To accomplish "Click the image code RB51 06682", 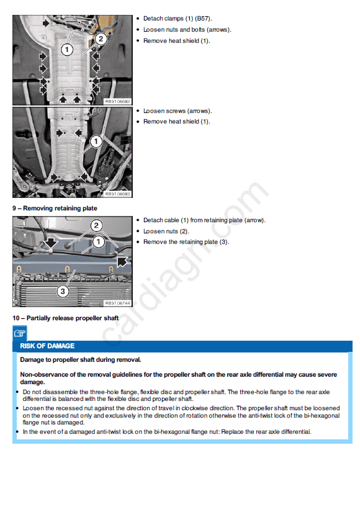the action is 117,101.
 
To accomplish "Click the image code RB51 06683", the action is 117,194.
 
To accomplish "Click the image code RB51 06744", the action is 117,303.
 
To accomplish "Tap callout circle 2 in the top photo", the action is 101,39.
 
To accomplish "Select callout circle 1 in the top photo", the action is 67,50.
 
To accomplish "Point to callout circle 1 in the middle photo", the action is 96,141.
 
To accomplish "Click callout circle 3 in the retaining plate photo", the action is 63,291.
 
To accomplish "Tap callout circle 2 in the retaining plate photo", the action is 96,225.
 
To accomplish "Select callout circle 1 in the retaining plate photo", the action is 98,241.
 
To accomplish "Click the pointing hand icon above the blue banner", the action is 20,333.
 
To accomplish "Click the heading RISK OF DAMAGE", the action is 47,346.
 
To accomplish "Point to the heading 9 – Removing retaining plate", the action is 55,209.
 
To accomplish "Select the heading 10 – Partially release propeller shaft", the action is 66,318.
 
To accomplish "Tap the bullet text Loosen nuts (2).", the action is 166,231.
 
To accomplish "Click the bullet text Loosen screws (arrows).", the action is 178,111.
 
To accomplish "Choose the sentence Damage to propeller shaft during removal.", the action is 81,359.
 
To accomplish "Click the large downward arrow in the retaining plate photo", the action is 50,243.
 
